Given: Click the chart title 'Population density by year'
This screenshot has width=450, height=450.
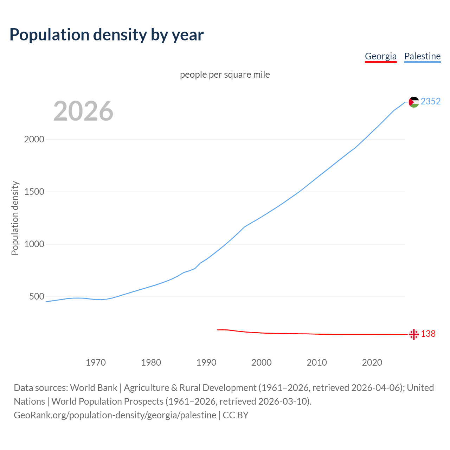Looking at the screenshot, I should [107, 35].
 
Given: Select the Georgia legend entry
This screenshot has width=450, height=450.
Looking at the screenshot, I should [380, 56].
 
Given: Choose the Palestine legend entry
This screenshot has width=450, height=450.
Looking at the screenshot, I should [422, 56].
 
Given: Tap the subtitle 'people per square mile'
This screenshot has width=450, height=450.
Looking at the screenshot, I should [225, 75].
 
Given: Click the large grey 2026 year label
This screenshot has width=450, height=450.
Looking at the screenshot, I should [83, 111].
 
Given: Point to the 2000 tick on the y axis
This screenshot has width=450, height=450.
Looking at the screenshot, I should [34, 139].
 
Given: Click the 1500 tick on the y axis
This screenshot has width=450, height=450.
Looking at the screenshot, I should [34, 192].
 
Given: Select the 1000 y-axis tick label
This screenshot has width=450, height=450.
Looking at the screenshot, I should [34, 244].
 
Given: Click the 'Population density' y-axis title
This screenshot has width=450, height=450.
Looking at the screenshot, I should [15, 218].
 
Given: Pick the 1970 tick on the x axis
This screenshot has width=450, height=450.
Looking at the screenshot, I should [96, 362].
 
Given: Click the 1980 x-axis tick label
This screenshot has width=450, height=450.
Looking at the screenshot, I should [151, 362].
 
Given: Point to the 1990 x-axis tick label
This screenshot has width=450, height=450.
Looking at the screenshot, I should [206, 362].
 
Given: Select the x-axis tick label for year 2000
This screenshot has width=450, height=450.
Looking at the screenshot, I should [262, 362].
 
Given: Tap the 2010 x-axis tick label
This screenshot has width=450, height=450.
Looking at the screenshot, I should [317, 362].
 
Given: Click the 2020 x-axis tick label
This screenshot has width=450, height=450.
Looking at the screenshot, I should [372, 362].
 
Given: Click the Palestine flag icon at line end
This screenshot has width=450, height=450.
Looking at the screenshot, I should [414, 102].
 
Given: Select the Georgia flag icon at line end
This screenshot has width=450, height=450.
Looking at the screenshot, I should [414, 334].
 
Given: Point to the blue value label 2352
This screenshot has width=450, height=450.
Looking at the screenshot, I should [431, 102].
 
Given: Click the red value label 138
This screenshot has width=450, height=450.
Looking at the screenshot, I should [428, 334].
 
